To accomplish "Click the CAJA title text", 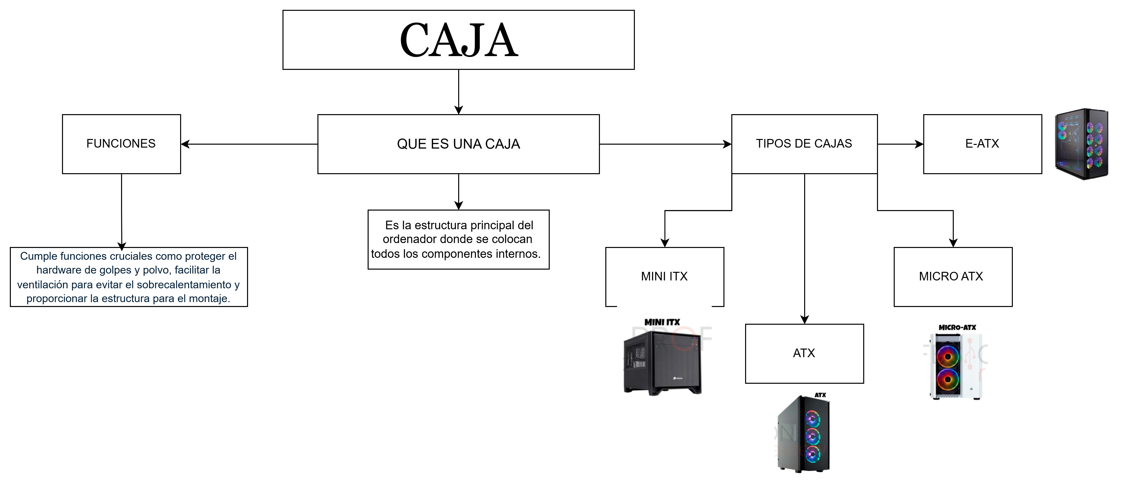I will pos(458,40).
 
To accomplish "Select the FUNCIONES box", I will pos(121,144).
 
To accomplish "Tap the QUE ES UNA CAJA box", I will pos(458,144).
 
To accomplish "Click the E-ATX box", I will pos(982,144).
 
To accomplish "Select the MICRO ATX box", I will pos(953,276).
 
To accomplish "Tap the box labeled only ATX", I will pos(804,353).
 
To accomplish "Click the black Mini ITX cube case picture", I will pos(662,363).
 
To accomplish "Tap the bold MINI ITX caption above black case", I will pos(662,322).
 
